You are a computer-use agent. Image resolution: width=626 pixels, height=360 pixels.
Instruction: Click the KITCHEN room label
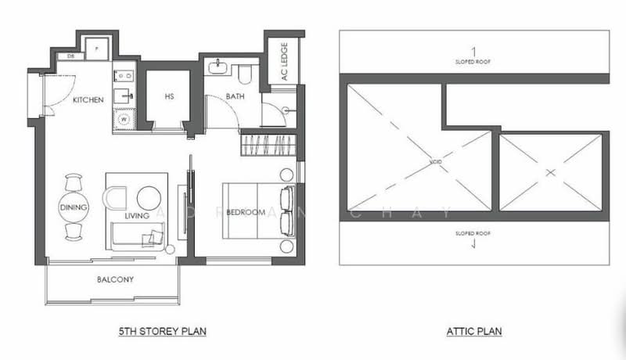pyautogui.click(x=88, y=100)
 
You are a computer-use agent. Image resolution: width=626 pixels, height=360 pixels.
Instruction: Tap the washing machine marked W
pyautogui.click(x=124, y=119)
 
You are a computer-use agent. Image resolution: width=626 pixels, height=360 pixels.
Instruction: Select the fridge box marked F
pyautogui.click(x=97, y=47)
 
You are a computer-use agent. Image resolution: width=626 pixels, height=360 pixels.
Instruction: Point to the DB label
pyautogui.click(x=70, y=56)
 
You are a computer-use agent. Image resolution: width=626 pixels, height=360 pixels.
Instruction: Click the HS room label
pyautogui.click(x=169, y=97)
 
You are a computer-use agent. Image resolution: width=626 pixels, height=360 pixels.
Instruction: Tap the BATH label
pyautogui.click(x=235, y=96)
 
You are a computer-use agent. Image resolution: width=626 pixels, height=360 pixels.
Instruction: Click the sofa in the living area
pyautogui.click(x=138, y=236)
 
